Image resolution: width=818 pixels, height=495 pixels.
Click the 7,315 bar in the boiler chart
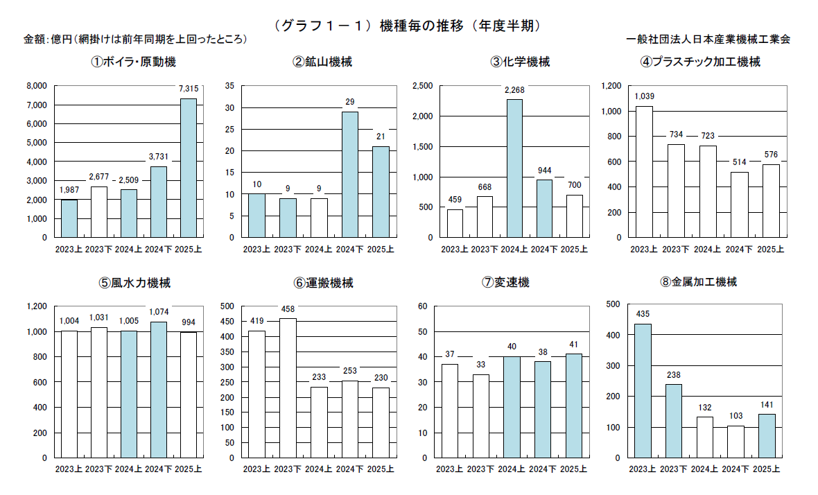pos(188,168)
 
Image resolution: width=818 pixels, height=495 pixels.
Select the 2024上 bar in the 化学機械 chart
pos(514,168)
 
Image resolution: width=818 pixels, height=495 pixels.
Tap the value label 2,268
pos(514,89)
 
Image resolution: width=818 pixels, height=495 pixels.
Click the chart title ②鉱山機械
pos(322,62)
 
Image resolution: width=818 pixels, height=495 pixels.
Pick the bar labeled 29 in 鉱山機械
pos(349,175)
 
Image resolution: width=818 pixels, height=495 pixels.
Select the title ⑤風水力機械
pos(134,283)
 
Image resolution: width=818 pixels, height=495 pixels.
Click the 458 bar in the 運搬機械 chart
pos(287,388)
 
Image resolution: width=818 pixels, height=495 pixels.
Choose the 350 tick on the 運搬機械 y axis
pos(229,351)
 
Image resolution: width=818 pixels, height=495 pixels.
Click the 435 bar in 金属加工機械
pos(643,391)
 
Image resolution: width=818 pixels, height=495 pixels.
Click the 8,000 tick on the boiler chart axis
pos(36,86)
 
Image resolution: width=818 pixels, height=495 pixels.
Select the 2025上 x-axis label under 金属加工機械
pos(767,469)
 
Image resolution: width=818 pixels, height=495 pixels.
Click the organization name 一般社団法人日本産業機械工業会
pos(708,40)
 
